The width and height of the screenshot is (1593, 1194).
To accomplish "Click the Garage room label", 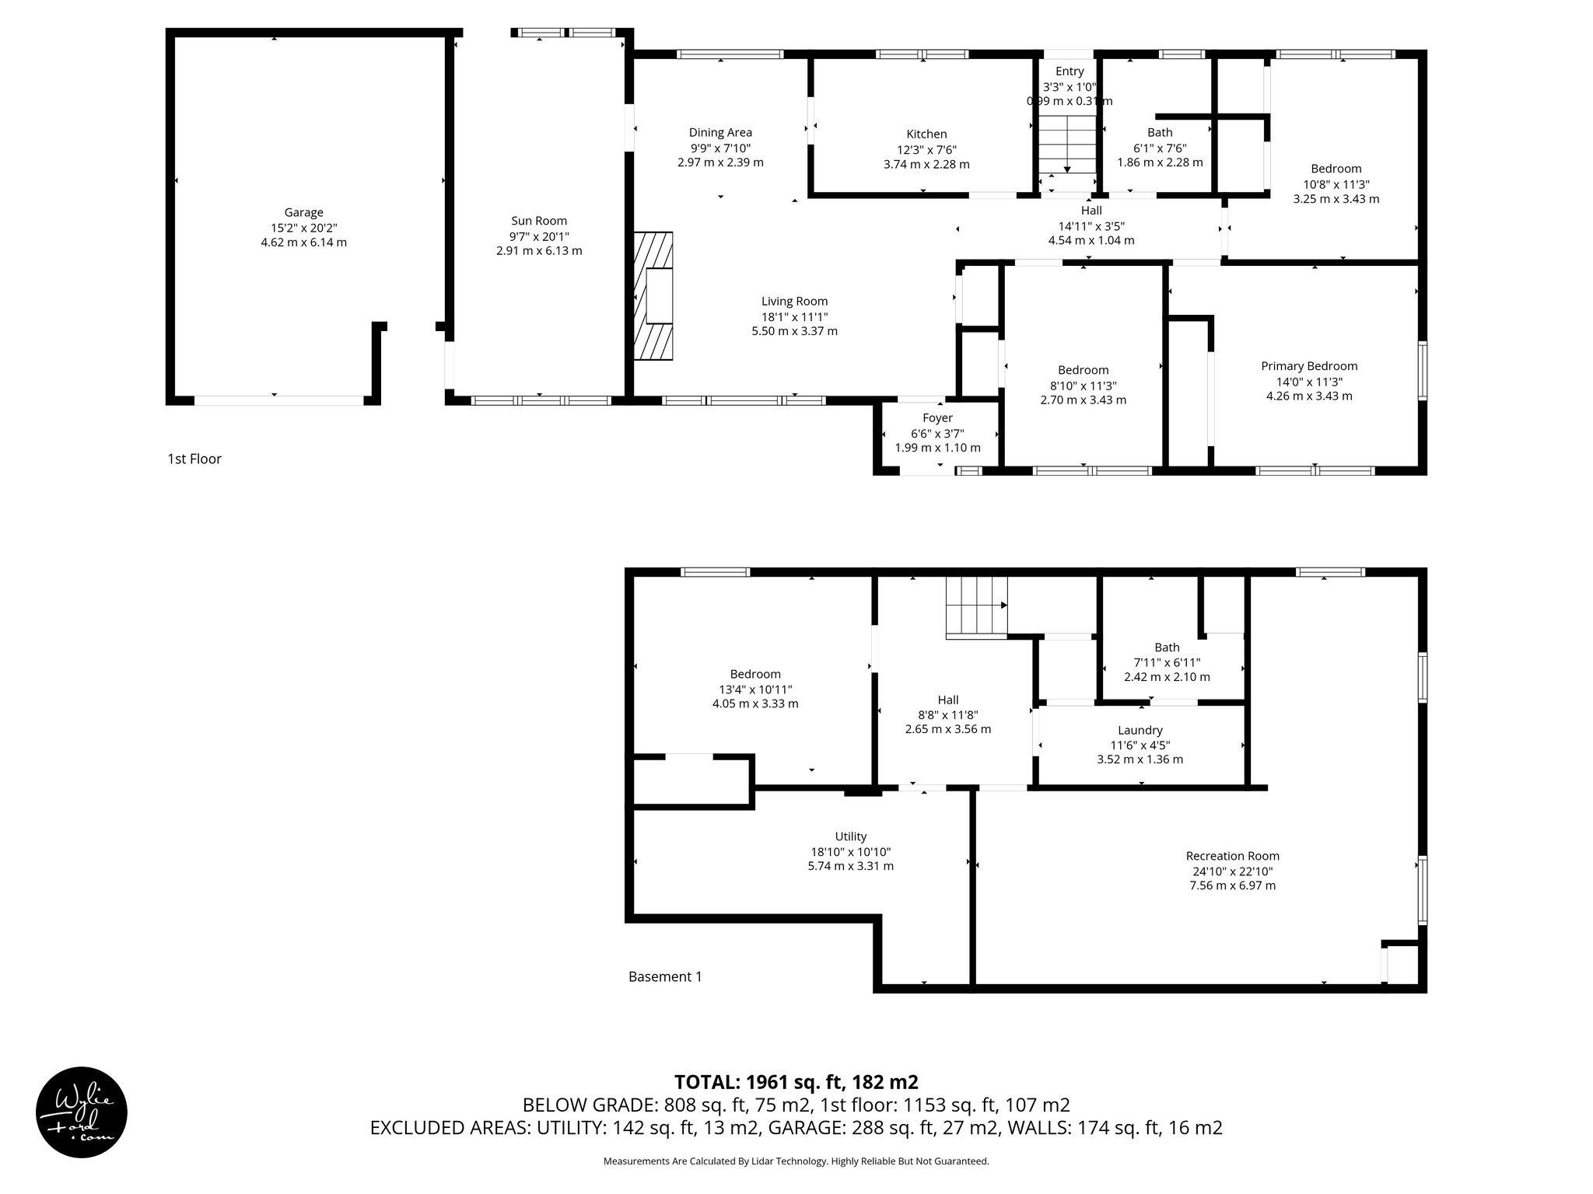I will click(303, 212).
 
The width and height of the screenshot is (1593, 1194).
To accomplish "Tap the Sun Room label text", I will click(538, 221).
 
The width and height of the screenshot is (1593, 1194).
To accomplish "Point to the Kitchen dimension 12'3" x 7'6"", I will click(926, 149).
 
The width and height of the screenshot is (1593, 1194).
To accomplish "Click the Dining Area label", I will click(720, 132).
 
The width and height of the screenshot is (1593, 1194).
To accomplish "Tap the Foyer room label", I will click(937, 417).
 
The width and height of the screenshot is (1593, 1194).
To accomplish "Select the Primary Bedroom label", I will click(1309, 366).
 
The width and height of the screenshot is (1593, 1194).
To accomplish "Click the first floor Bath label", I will click(1160, 132).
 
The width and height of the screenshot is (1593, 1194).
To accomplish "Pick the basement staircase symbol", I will click(975, 606).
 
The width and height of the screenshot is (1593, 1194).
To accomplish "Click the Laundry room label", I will click(1140, 730).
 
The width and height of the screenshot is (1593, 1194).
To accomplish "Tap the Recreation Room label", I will click(1232, 856).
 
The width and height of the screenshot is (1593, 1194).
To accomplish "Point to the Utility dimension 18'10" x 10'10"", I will click(850, 851).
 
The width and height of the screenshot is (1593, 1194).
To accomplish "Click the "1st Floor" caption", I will click(194, 459).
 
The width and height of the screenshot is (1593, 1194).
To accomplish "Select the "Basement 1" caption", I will click(665, 976).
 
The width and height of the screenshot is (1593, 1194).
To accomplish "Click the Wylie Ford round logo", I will click(82, 1112).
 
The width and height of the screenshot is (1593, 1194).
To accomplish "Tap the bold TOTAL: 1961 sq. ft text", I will click(796, 1082).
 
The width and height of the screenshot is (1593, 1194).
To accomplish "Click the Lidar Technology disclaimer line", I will click(796, 1161).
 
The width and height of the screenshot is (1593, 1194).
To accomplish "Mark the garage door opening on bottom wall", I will click(278, 400).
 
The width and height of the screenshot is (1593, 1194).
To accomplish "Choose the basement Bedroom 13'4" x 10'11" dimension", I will click(754, 690).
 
